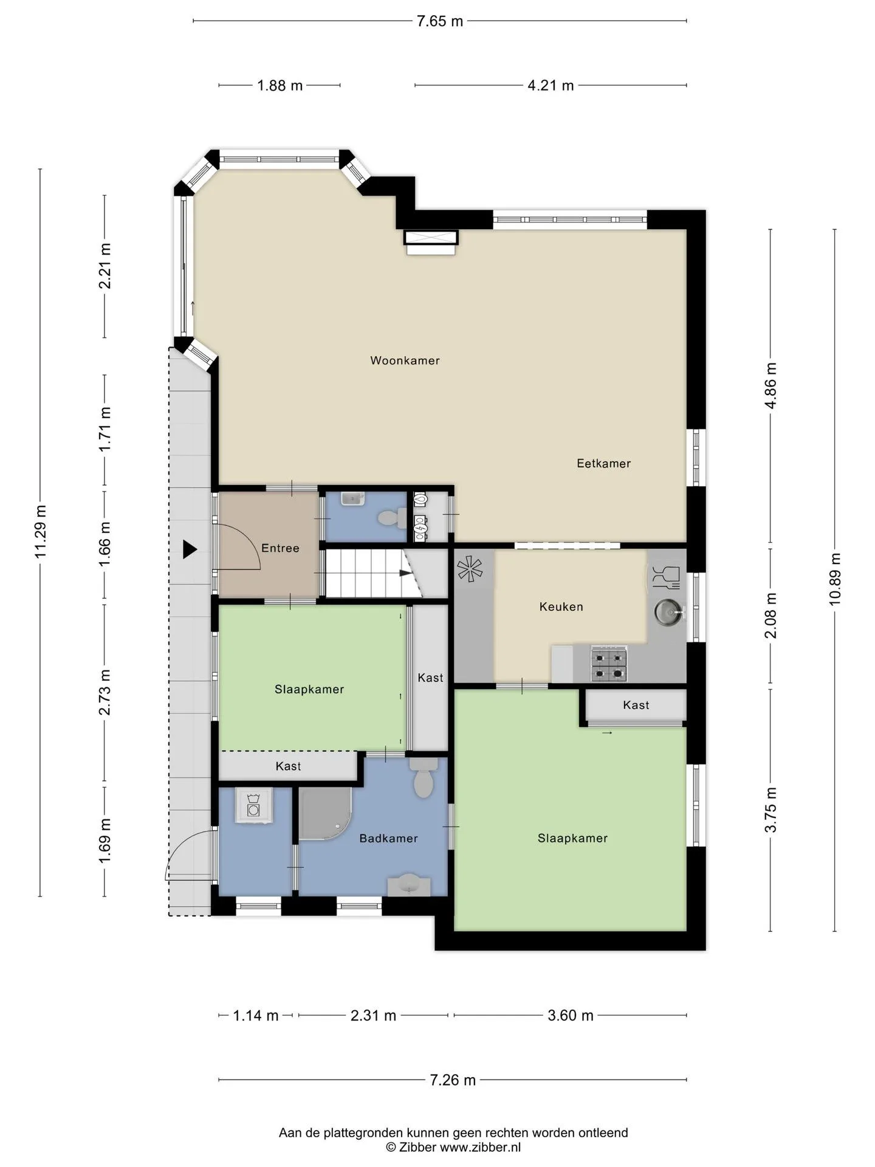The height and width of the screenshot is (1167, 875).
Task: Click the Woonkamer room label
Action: tap(405, 360)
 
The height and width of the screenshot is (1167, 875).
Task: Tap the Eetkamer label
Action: tap(603, 463)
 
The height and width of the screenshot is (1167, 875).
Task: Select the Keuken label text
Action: tap(561, 607)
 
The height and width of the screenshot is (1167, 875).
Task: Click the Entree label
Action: tap(280, 548)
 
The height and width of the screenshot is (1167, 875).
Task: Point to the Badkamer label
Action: tap(388, 839)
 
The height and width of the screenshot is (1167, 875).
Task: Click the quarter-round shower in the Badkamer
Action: tap(326, 814)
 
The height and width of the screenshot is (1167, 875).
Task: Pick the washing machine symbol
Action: tap(254, 806)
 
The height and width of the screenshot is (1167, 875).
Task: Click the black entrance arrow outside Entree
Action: tap(190, 549)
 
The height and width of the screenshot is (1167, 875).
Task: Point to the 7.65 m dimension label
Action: tap(439, 21)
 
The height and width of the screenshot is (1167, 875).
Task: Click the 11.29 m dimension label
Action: tap(40, 531)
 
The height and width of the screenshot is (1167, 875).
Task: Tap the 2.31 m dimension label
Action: tap(373, 1015)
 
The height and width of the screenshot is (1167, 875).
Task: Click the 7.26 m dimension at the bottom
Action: tap(453, 1080)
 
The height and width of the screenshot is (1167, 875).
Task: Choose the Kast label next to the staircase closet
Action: tap(430, 678)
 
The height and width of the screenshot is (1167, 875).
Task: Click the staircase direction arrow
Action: tap(405, 573)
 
